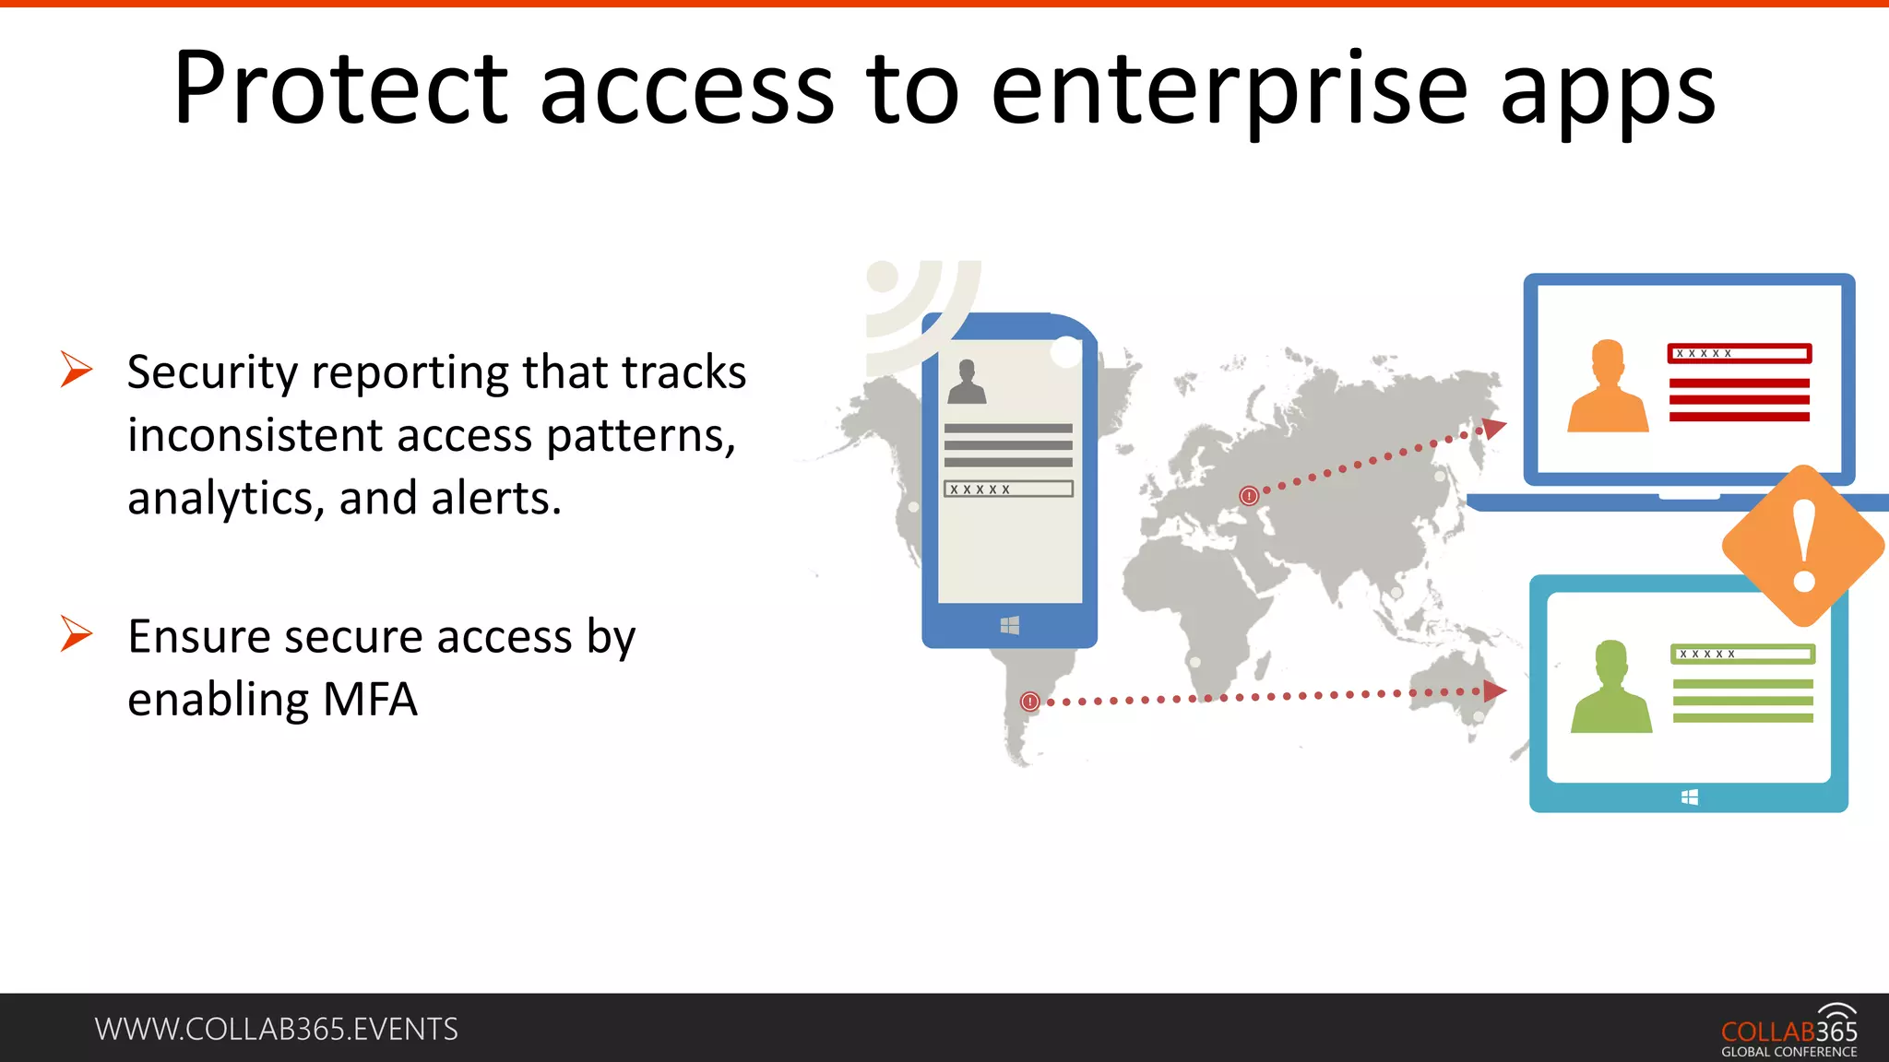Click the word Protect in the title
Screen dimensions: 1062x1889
[x=339, y=89]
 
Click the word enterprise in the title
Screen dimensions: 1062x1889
[x=1229, y=89]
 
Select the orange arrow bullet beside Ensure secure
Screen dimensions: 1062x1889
[x=77, y=633]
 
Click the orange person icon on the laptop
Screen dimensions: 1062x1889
[x=1608, y=387]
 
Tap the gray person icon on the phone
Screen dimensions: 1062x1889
[x=967, y=383]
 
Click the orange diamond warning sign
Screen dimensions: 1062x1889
[x=1803, y=546]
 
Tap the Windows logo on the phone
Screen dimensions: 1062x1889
[x=1009, y=626]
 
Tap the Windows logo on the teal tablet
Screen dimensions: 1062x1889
[x=1689, y=797]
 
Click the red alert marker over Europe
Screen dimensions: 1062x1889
[x=1249, y=496]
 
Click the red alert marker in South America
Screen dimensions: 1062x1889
[x=1030, y=702]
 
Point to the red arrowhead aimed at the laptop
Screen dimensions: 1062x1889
[x=1494, y=429]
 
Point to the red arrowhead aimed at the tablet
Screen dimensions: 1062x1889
[x=1494, y=690]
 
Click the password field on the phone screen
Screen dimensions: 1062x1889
[x=1008, y=489]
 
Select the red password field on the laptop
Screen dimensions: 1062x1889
[x=1740, y=353]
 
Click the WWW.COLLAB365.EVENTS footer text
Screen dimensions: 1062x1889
[x=276, y=1029]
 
